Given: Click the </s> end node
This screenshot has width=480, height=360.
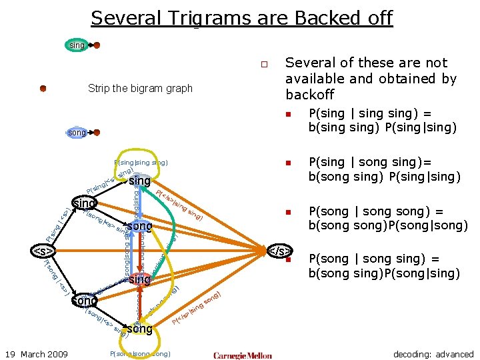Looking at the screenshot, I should (279, 251).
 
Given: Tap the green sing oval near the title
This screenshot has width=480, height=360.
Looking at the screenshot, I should (77, 45).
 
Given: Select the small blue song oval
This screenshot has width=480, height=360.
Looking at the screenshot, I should (77, 133).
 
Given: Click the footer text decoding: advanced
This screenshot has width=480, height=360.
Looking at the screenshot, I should (433, 354).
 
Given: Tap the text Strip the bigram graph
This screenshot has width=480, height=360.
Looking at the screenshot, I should (140, 89).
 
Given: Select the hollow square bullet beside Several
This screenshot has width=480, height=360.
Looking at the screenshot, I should (264, 65).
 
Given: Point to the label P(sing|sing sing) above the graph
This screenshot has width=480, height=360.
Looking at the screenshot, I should (141, 162).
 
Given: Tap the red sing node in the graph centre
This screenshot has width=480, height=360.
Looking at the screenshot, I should (140, 279).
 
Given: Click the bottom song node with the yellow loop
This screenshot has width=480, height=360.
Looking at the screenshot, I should (140, 329).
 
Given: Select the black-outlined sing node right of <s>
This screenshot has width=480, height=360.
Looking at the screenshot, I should (85, 203).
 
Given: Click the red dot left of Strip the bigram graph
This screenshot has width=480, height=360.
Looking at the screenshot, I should (43, 88).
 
